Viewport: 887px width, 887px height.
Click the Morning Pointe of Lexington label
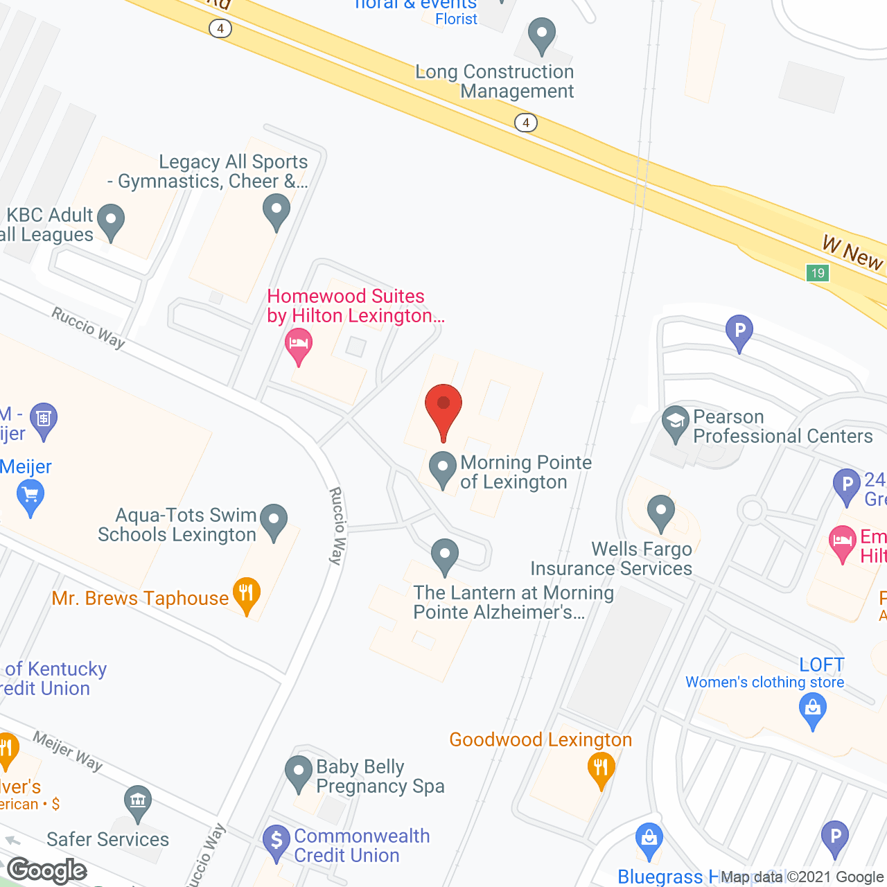(525, 472)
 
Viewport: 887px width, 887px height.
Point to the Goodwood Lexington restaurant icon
(601, 769)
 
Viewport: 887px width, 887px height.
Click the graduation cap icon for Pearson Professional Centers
(675, 422)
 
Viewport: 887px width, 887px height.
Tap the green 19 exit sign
(818, 272)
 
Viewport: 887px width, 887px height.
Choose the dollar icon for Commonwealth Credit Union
(276, 842)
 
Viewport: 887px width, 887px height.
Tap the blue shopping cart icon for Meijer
(30, 496)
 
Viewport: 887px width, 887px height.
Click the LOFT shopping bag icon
(813, 710)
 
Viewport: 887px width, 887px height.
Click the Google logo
(47, 869)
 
